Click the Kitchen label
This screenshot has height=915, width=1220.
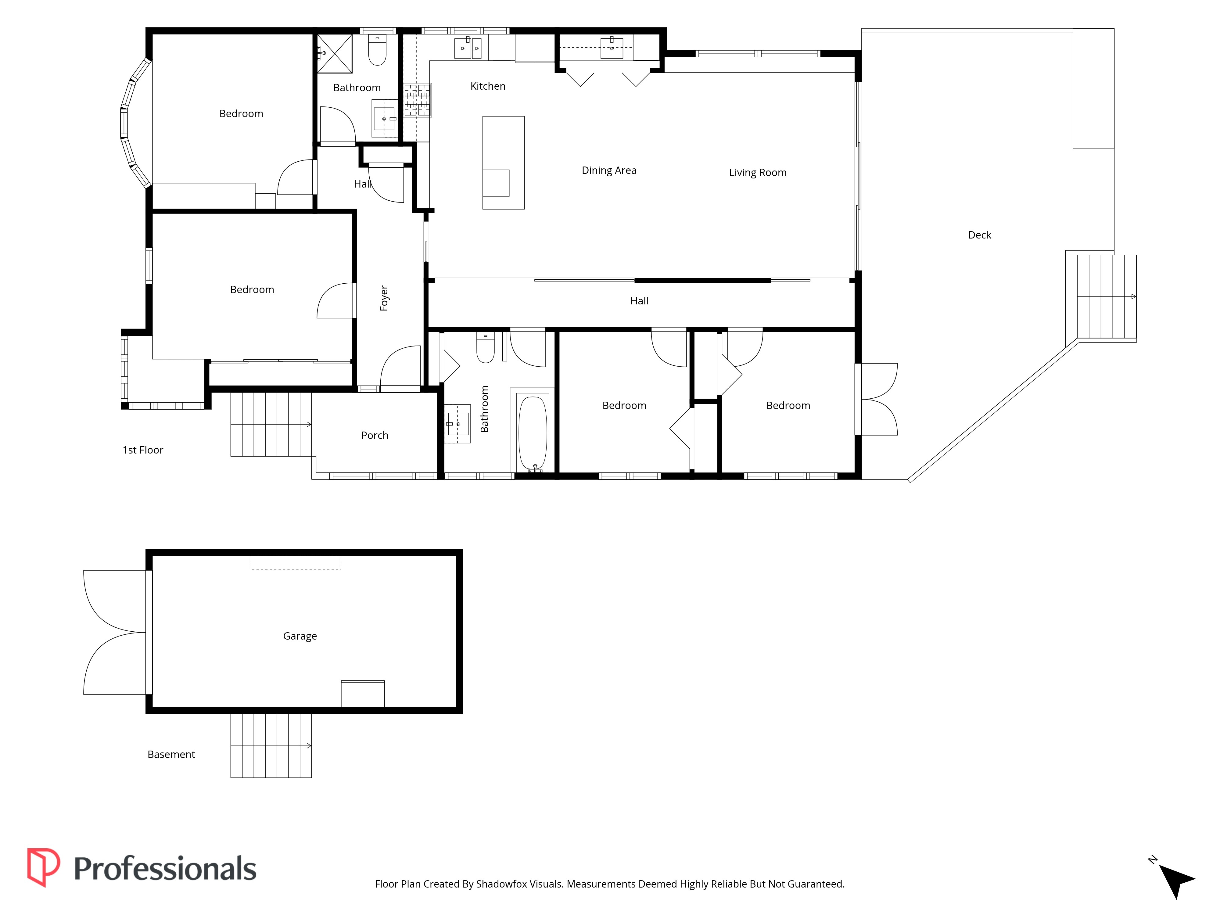(x=488, y=86)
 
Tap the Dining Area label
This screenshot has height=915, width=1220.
(x=609, y=170)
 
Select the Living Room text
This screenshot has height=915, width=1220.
(x=758, y=173)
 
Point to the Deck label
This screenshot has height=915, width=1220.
(x=980, y=235)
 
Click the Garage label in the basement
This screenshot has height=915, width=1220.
(x=300, y=636)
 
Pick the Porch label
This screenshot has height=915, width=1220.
(x=375, y=435)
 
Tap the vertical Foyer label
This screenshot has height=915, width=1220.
(x=384, y=298)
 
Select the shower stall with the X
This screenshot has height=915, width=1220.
(x=334, y=53)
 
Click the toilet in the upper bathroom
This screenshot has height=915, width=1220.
(x=377, y=51)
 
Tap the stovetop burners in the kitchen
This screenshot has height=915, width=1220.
(x=418, y=100)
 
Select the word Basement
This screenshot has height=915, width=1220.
(x=171, y=755)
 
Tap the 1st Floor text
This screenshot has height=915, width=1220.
(x=143, y=450)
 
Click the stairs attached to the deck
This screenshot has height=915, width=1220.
(x=1101, y=297)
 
